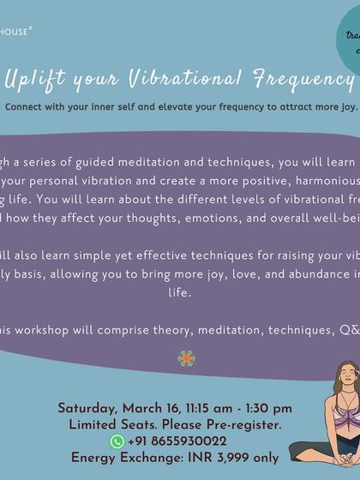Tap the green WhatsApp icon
117,441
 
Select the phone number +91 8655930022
177,441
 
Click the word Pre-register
242,425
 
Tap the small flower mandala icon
186,357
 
